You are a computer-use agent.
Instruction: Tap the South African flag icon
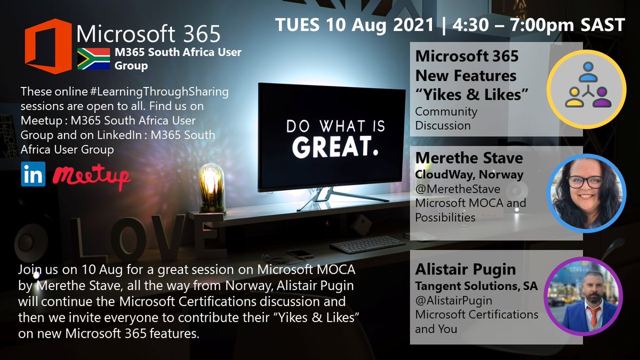coord(93,59)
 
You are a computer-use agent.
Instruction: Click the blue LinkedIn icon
coord(33,174)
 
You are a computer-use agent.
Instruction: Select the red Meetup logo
coord(92,175)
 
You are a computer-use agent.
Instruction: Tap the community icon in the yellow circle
coord(587,88)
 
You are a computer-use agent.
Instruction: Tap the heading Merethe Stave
coord(469,159)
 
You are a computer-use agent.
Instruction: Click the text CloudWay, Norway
coord(469,174)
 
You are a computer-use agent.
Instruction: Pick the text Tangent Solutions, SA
coord(476,286)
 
